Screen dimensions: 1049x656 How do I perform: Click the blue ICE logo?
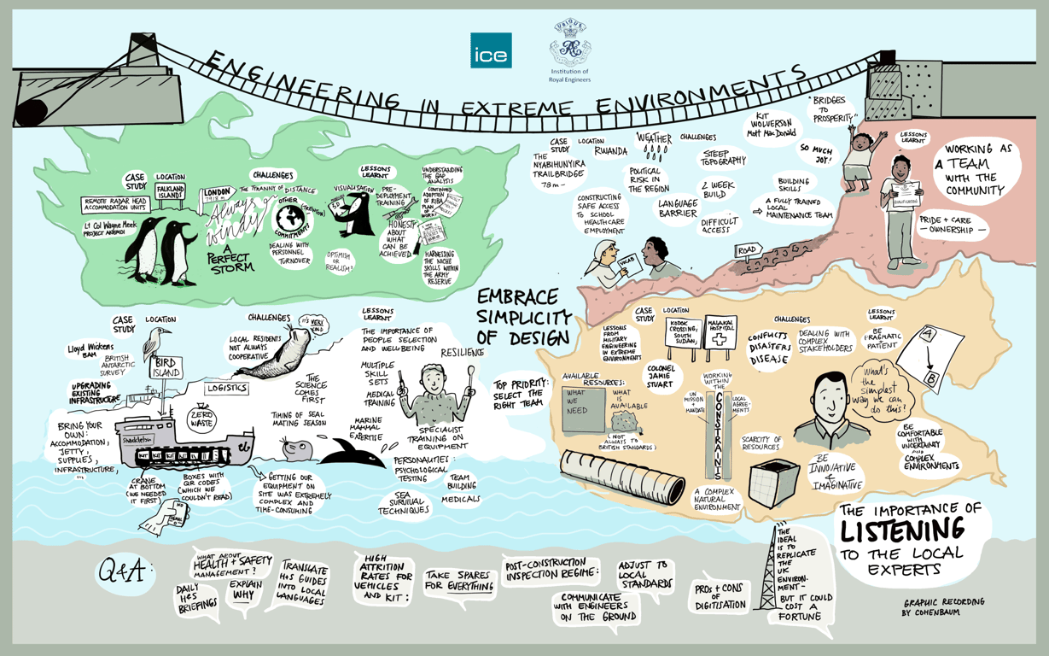click(491, 50)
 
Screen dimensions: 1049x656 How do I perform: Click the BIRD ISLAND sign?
click(166, 368)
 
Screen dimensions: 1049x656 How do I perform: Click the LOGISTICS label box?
click(226, 388)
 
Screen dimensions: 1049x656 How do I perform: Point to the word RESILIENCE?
click(462, 352)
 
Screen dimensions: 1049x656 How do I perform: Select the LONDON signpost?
click(220, 196)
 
